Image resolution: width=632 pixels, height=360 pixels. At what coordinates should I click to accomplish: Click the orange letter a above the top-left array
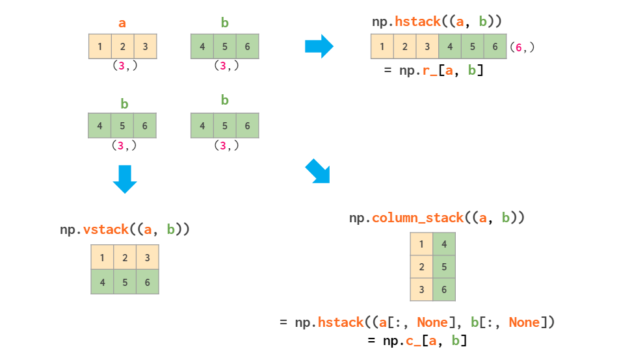point(122,23)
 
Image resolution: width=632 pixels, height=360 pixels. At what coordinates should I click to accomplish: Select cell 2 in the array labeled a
point(122,47)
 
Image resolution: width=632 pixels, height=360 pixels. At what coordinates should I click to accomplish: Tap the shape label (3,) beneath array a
point(124,66)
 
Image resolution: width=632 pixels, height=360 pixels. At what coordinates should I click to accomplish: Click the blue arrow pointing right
point(319,47)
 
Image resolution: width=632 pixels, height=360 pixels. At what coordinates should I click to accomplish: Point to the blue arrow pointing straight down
point(125,179)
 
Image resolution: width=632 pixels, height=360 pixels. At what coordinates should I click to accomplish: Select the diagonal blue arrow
point(318,172)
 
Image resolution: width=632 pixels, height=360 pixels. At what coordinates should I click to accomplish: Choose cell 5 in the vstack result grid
point(125,283)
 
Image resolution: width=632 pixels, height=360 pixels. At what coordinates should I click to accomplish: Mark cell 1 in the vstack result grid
point(102,257)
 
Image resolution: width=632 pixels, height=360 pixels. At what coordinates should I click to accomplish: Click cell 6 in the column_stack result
point(444,290)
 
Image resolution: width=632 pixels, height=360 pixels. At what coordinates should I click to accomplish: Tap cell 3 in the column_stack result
point(421,290)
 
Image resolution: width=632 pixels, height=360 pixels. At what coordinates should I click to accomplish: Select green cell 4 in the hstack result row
point(451,47)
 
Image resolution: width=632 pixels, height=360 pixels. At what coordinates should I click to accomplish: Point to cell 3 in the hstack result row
point(428,47)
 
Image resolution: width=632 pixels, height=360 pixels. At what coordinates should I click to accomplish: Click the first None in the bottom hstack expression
point(432,322)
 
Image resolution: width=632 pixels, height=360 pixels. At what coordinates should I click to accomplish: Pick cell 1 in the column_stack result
point(421,244)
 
